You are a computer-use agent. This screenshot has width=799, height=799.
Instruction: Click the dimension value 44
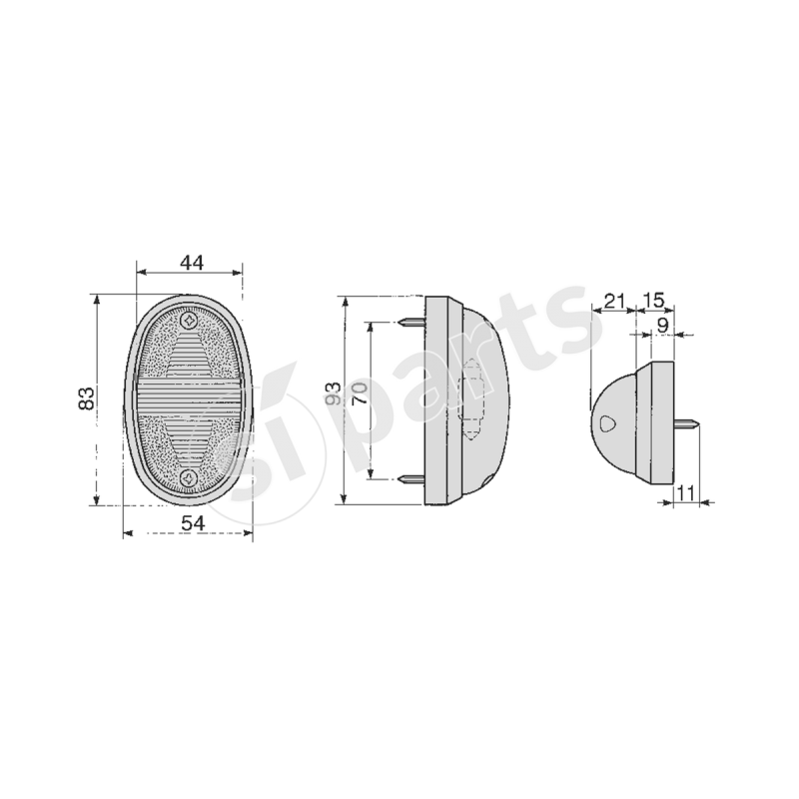click(x=192, y=263)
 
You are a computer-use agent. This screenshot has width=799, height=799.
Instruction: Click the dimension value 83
click(x=87, y=399)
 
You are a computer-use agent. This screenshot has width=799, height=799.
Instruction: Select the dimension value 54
click(x=192, y=523)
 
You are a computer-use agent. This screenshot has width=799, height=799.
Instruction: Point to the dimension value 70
click(x=360, y=393)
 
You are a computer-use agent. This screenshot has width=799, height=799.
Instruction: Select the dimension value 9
click(x=663, y=324)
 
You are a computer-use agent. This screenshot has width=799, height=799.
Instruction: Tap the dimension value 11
click(x=685, y=490)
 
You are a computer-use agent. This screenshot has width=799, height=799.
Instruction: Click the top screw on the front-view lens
click(x=190, y=322)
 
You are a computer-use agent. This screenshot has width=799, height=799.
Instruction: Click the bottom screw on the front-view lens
click(x=190, y=477)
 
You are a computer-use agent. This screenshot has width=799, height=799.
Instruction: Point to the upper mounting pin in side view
click(x=410, y=323)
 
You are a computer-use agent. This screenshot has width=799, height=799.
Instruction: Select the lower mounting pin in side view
click(x=410, y=479)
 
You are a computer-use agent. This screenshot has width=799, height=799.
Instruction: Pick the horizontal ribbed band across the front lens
click(x=190, y=399)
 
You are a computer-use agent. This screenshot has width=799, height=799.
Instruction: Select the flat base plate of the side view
click(x=436, y=399)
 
